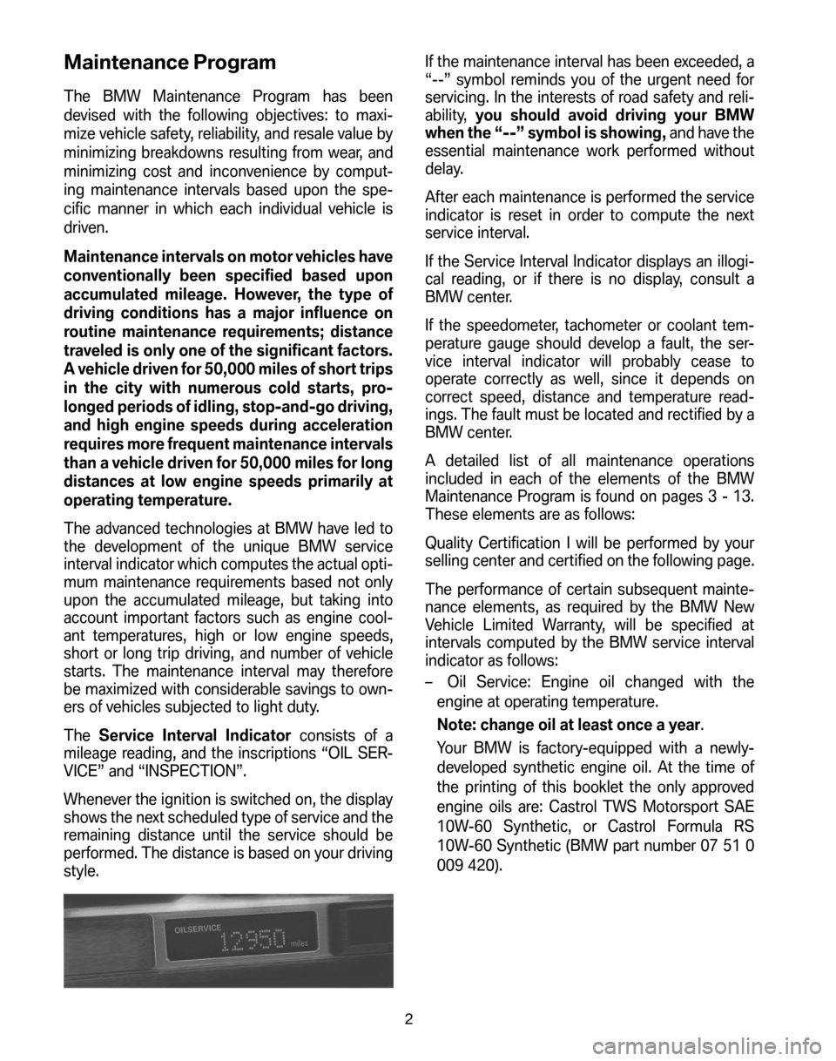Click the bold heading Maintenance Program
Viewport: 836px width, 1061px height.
(171, 64)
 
